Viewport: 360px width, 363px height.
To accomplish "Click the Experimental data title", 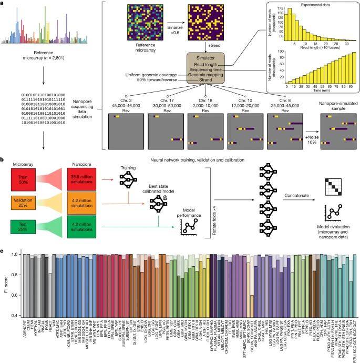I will [299, 4].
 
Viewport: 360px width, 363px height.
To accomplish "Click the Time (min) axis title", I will [304, 90].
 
